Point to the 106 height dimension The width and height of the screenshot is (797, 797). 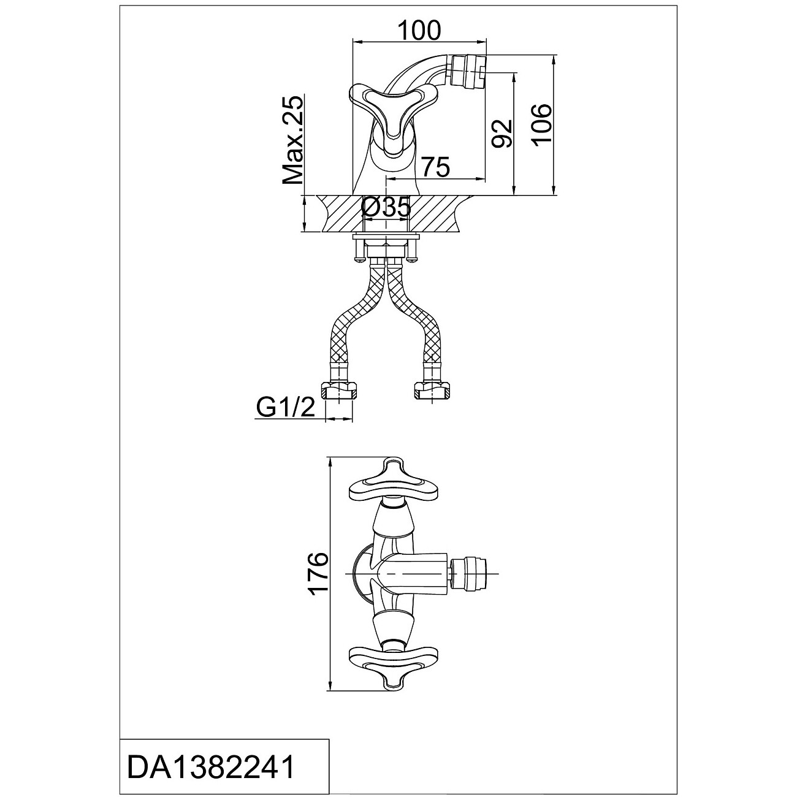pos(542,124)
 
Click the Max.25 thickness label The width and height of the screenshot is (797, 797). pos(293,140)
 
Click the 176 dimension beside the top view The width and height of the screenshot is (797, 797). pos(318,574)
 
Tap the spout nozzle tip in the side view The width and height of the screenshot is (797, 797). pos(468,70)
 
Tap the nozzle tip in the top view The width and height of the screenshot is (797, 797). pos(473,574)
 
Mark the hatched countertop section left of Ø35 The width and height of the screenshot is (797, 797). pos(340,213)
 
